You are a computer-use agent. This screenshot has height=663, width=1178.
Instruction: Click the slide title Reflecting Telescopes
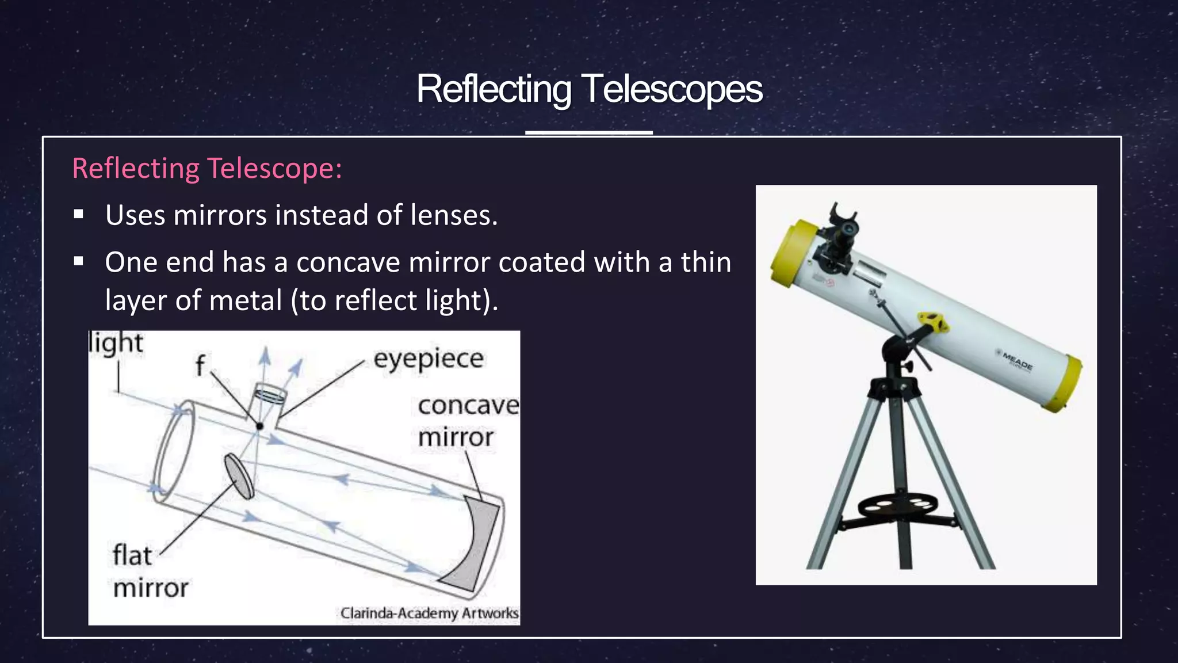(589, 89)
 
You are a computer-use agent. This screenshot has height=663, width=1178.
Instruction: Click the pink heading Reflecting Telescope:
(207, 169)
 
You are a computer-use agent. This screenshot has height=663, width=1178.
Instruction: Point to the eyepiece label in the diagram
(429, 359)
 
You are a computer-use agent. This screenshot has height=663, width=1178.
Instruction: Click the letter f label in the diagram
(200, 365)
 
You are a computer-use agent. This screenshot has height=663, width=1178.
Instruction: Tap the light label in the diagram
(116, 343)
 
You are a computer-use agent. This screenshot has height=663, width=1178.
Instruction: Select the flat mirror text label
(149, 571)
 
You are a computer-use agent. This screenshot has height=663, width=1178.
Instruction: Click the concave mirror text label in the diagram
(467, 421)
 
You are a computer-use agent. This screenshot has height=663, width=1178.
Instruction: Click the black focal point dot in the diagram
(259, 426)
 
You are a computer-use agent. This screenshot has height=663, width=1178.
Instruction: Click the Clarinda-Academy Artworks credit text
(429, 613)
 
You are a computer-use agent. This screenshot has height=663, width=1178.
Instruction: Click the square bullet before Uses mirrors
(79, 215)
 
